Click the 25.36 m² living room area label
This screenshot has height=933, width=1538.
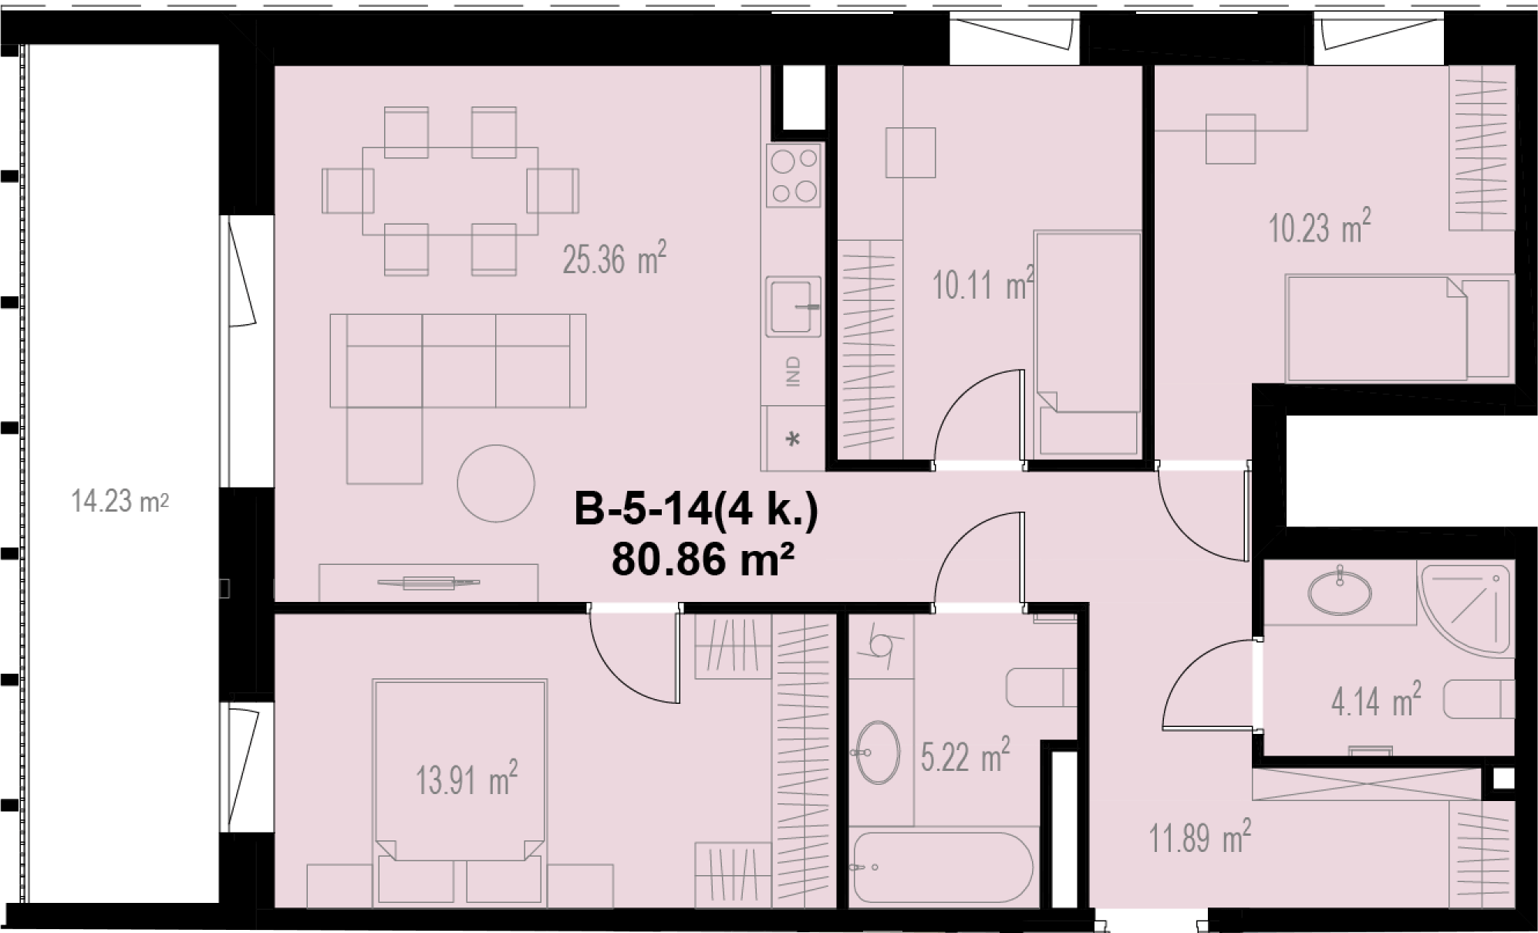point(614,259)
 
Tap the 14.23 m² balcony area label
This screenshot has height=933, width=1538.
point(120,502)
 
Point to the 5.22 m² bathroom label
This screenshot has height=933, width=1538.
point(965,756)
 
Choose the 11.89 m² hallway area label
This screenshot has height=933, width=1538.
point(1200,837)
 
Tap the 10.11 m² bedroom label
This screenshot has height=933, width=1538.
point(983,284)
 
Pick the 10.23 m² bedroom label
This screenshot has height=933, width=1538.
point(1320,226)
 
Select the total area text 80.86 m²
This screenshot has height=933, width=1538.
point(703,559)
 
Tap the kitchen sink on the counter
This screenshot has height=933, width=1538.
point(793,306)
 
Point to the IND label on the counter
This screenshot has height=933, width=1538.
point(794,371)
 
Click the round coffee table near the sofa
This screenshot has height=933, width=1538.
point(496,484)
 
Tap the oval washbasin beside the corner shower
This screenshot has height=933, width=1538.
point(1341,593)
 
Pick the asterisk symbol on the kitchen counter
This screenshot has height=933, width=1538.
point(793,440)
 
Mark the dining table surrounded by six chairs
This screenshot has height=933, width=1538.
point(450,191)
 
